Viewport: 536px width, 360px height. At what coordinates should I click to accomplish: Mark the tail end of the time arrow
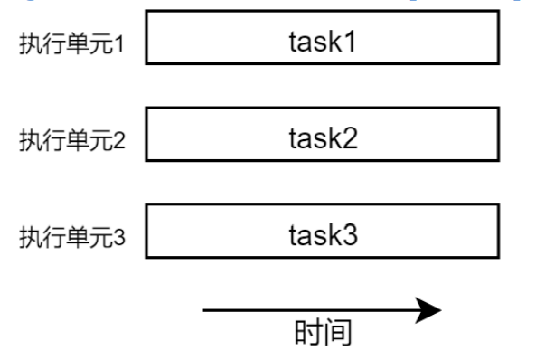coord(206,311)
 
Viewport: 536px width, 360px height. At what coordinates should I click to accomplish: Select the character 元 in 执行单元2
coord(102,142)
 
